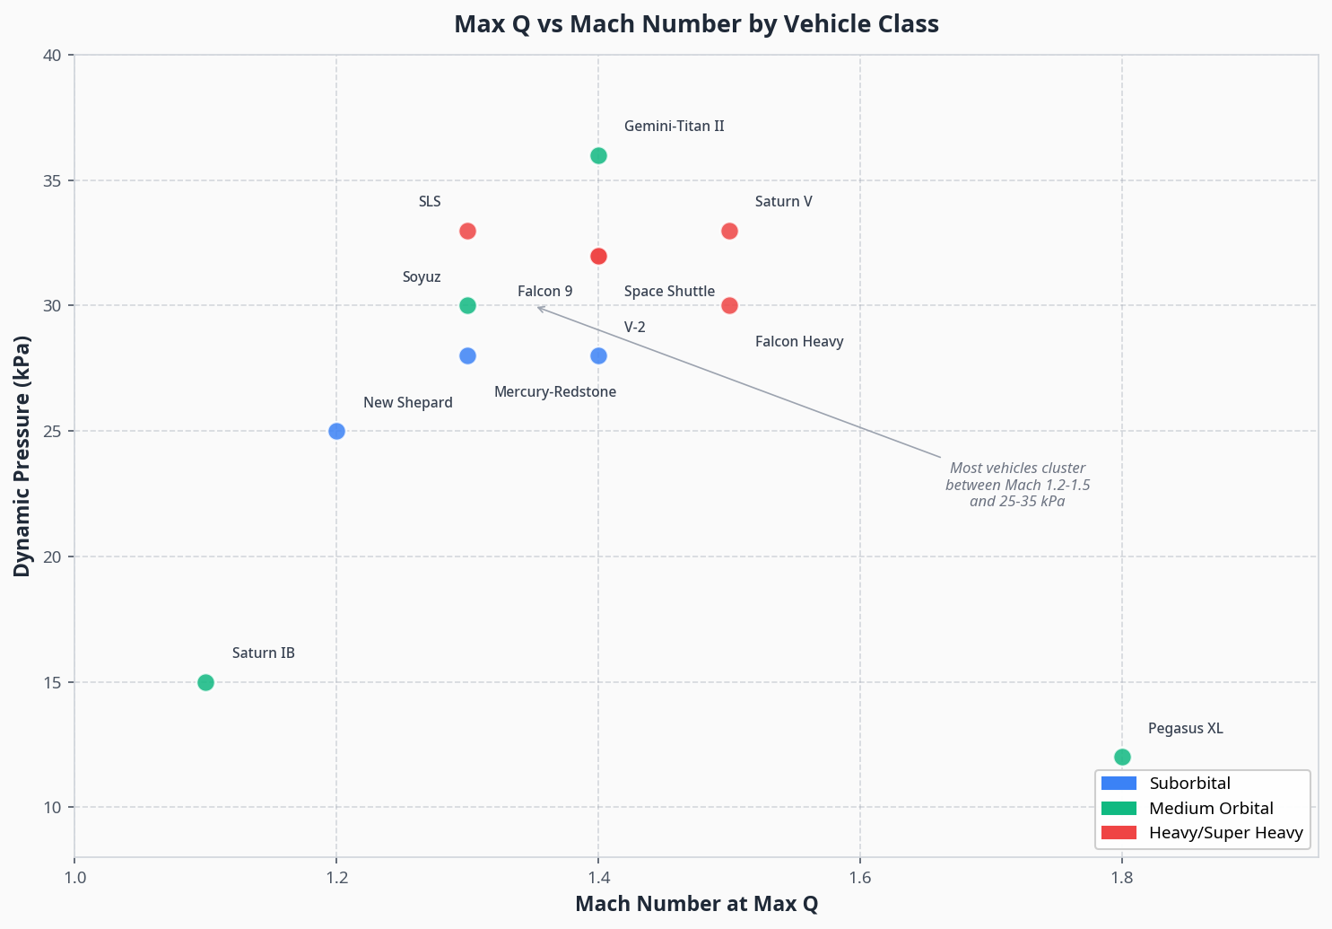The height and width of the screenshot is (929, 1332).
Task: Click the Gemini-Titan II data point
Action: [598, 155]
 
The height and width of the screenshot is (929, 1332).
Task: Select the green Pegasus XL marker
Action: [1122, 757]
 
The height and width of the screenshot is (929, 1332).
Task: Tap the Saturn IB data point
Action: [205, 682]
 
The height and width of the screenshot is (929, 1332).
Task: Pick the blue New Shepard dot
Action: [336, 431]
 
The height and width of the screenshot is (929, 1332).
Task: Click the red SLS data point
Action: [467, 231]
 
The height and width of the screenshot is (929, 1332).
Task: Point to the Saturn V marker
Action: [729, 231]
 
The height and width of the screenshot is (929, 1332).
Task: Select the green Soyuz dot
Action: [467, 305]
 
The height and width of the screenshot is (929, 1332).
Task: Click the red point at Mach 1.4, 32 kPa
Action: [598, 256]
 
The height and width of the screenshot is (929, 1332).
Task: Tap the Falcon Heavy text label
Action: [798, 342]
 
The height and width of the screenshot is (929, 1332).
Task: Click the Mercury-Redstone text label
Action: [554, 392]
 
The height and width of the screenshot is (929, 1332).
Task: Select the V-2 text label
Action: [634, 328]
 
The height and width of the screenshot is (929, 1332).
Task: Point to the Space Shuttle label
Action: [669, 292]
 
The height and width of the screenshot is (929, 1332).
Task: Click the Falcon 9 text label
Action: [544, 292]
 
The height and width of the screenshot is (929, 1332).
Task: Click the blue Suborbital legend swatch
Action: [1118, 784]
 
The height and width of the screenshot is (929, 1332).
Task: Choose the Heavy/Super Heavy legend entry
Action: [1225, 833]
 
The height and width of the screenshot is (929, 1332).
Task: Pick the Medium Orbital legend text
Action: [1211, 809]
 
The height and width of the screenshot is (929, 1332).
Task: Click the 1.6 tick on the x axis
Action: [860, 877]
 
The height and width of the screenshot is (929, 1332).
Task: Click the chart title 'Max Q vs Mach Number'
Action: [696, 24]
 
